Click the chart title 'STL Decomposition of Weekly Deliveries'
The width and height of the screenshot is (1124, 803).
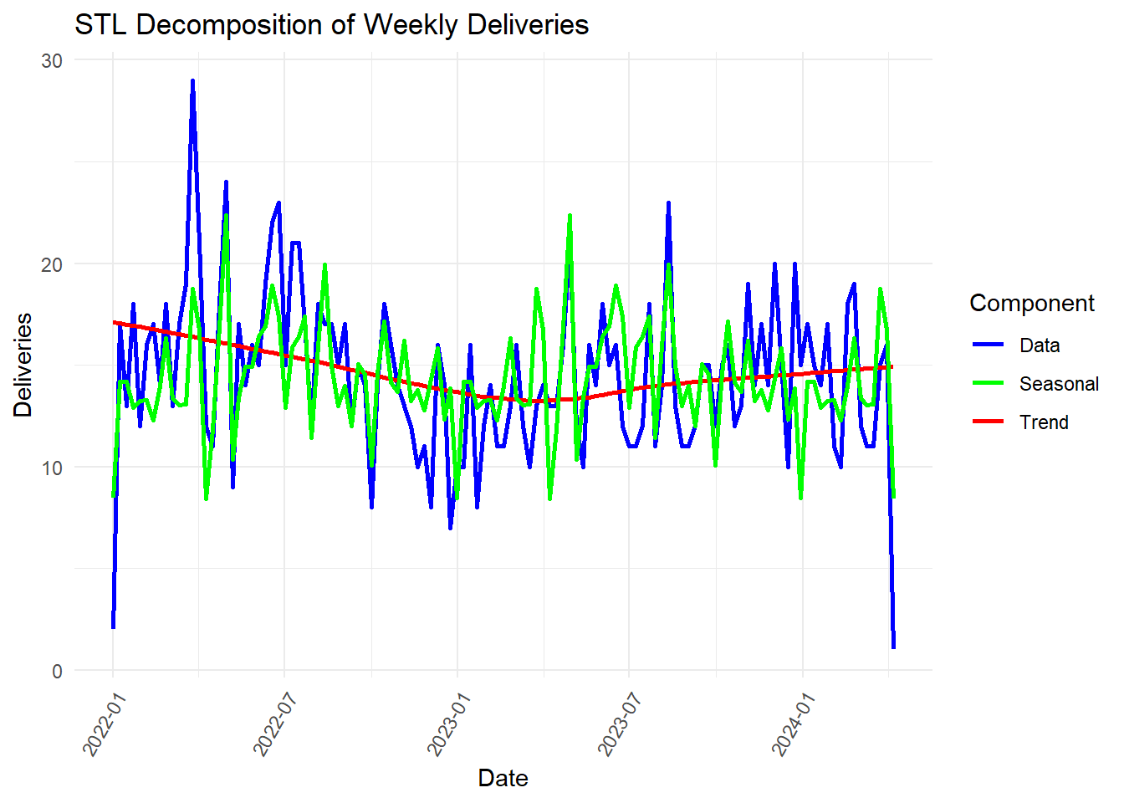331,25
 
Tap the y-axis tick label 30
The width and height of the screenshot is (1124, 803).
52,60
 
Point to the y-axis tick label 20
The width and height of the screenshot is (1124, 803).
52,264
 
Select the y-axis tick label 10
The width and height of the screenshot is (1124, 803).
52,468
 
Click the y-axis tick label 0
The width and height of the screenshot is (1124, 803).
57,671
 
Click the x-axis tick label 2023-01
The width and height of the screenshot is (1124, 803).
445,724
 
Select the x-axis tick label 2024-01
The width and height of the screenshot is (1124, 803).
790,724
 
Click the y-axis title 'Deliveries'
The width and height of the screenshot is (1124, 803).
23,365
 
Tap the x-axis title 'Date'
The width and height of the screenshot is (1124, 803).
503,778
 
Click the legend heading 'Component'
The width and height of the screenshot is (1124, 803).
1031,303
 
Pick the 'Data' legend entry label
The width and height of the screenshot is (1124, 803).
1040,345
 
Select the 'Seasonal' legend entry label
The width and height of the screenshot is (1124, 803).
1059,384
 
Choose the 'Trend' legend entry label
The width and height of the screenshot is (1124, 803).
1044,422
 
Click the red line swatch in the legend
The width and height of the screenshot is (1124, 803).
989,422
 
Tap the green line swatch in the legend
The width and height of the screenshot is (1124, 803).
989,384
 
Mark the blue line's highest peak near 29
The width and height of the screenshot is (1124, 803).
192,81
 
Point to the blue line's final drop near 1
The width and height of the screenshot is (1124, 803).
894,647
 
